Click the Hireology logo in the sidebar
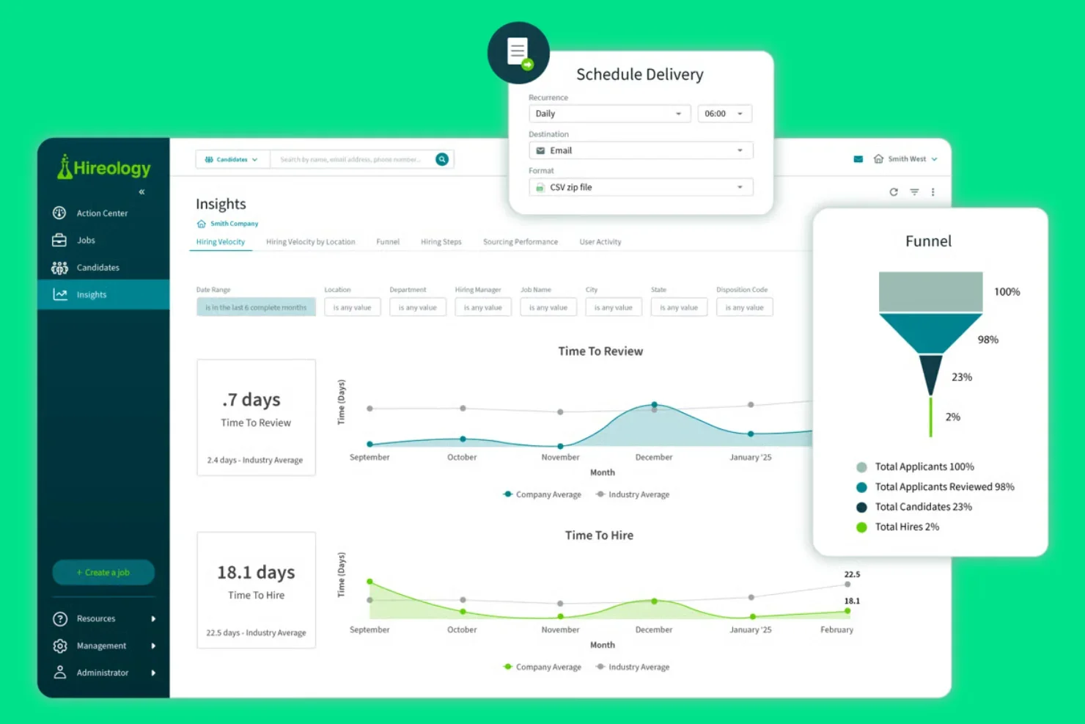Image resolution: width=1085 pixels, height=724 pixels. (x=104, y=167)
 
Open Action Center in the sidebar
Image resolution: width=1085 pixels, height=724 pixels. (x=102, y=213)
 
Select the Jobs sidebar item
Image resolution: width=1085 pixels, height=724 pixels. (x=86, y=241)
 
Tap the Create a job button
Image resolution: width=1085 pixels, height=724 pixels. (x=103, y=572)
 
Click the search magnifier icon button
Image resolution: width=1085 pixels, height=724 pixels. (x=442, y=159)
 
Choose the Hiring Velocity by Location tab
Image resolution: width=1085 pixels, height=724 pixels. (x=310, y=242)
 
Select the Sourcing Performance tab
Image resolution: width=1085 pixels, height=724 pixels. (x=520, y=242)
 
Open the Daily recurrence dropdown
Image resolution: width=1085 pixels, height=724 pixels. (x=608, y=114)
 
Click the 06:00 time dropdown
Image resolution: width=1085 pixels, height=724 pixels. (x=724, y=114)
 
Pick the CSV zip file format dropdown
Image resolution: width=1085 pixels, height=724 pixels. (x=640, y=187)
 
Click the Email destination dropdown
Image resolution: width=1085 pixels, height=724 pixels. (x=640, y=150)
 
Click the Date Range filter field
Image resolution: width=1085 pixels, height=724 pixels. (x=256, y=307)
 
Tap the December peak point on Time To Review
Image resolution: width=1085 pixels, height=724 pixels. (x=655, y=405)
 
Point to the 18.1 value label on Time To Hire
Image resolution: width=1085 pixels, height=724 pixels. (x=852, y=601)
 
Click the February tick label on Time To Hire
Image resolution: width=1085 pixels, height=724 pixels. (x=836, y=629)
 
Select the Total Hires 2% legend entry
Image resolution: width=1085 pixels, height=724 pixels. (x=906, y=527)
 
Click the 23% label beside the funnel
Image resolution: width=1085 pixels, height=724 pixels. (x=962, y=377)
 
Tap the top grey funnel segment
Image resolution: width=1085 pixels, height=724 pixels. (x=930, y=291)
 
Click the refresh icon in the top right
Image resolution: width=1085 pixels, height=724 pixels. (x=894, y=192)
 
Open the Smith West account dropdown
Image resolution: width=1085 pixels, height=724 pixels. (x=907, y=159)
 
